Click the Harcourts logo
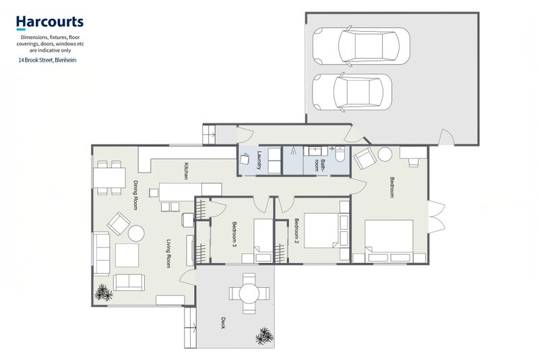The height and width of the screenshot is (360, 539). tap(50, 22)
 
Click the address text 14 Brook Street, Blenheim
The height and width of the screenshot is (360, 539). tap(47, 60)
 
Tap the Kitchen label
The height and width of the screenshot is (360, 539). tap(186, 171)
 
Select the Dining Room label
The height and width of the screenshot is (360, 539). tap(135, 195)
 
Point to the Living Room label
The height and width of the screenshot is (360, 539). tap(168, 253)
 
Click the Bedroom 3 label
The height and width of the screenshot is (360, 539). tap(234, 234)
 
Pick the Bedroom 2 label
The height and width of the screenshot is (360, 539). tap(296, 229)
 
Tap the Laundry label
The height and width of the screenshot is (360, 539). tap(259, 160)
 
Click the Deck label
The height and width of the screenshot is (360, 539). tap(223, 322)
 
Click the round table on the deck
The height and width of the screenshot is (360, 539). tap(249, 294)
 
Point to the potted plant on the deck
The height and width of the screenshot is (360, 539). tap(265, 336)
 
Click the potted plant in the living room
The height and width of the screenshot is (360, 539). tap(104, 293)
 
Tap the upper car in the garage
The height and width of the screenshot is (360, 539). tap(361, 46)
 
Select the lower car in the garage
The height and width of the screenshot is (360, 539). tap(352, 92)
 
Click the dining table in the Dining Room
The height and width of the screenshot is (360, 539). tap(109, 178)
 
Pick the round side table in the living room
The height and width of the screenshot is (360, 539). tap(136, 233)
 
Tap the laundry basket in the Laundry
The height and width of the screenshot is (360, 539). tap(245, 159)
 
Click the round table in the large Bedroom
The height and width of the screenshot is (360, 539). tap(385, 154)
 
